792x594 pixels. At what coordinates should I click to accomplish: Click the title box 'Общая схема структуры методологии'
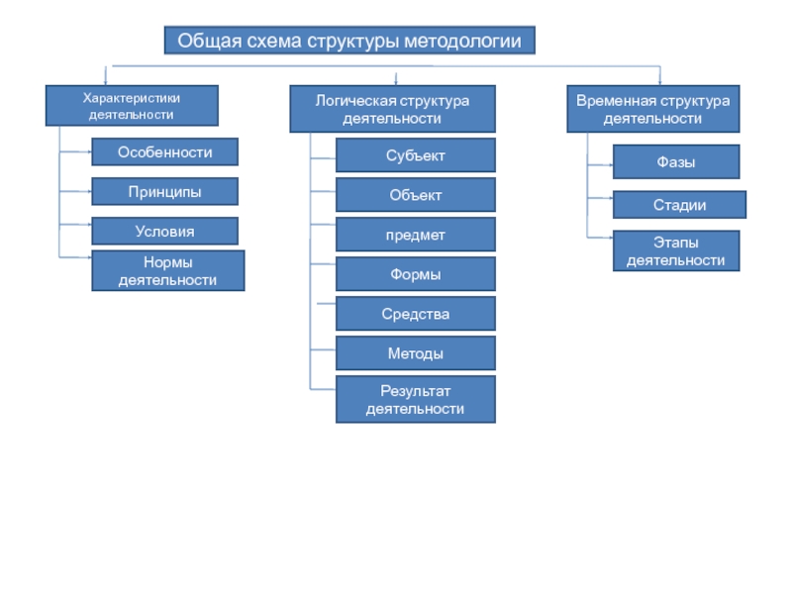click(349, 41)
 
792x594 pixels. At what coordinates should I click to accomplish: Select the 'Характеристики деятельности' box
click(132, 106)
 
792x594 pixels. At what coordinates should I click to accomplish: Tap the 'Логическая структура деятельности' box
click(392, 109)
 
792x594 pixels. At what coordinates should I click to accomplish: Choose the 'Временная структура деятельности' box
click(653, 109)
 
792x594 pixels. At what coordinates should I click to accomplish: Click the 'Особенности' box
click(164, 152)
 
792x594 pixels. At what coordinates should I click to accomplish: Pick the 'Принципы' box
click(164, 191)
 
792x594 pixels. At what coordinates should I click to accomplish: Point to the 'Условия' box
click(164, 232)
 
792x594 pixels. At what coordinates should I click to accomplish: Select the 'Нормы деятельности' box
click(168, 270)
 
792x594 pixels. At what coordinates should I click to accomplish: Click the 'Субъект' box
click(416, 155)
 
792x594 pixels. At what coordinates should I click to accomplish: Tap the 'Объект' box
click(416, 195)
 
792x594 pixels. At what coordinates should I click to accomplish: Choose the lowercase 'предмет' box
click(416, 235)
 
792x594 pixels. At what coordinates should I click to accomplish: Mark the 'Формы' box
click(416, 274)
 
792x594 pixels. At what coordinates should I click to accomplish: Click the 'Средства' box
click(416, 314)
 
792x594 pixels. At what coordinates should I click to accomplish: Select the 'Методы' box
click(416, 353)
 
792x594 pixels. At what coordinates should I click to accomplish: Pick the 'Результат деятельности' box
click(416, 400)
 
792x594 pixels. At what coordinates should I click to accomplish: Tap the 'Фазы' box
click(676, 162)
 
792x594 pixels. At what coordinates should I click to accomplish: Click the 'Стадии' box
click(679, 205)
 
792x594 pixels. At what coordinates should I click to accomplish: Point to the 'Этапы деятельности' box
click(676, 251)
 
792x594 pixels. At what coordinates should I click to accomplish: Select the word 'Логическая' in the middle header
click(351, 101)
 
